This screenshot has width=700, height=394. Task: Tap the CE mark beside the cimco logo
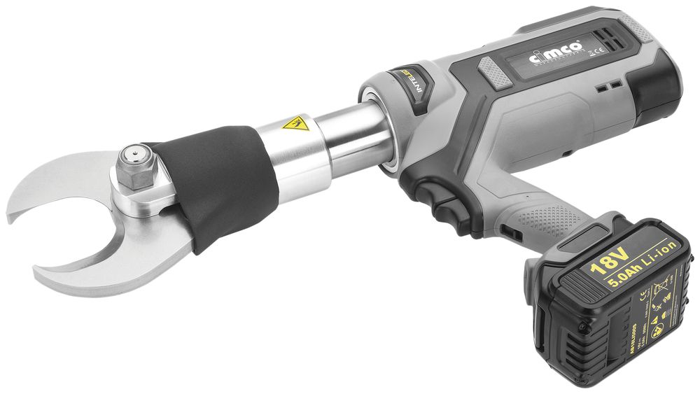point(590,51)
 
